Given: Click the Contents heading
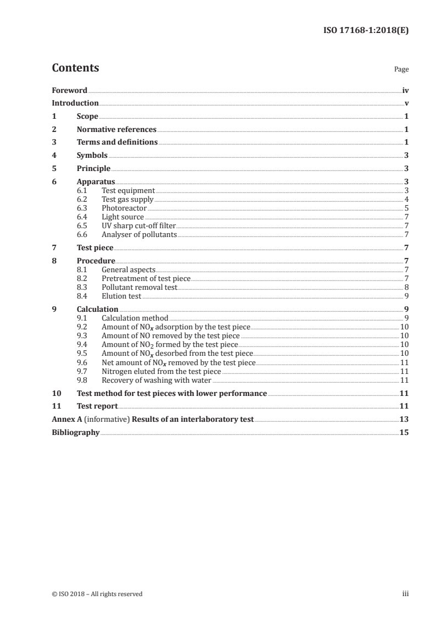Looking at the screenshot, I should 75,68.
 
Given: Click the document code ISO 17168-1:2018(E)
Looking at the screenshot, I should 365,31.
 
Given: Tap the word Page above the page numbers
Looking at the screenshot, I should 401,70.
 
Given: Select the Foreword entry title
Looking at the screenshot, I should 69,90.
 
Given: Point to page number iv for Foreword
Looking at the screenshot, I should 405,90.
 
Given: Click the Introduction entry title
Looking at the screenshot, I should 75,103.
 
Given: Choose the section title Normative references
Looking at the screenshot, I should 117,130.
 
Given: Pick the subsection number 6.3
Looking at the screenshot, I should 82,208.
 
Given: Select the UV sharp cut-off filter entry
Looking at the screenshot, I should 139,226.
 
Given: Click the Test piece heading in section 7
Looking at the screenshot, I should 95,248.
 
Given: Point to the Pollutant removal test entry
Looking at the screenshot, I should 140,288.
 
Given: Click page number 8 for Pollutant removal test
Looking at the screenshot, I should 406,288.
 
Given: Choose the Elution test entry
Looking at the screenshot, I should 122,296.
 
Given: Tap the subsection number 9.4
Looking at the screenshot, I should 82,345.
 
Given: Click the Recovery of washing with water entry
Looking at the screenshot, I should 157,380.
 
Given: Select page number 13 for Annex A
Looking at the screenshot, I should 404,420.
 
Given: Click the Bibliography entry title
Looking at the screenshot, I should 75,433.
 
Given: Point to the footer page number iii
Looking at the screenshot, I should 406,594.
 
